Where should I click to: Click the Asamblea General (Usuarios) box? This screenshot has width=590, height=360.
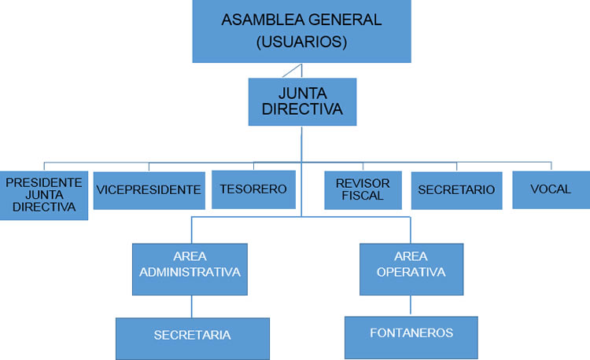302,31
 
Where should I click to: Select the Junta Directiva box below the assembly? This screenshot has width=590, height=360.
302,101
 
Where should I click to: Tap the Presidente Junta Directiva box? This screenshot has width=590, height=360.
44,195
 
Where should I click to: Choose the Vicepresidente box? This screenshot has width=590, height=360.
148,190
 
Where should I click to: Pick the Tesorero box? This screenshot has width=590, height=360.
253,189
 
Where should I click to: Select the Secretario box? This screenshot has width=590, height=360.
456,190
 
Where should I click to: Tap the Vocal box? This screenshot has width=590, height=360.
551,189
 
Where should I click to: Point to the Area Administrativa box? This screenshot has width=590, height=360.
190,269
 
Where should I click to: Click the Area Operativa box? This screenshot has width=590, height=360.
411,268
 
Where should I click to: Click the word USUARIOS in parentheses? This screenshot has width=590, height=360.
302,42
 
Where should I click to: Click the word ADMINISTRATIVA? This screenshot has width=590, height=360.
190,273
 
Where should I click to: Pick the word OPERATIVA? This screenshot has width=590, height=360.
411,273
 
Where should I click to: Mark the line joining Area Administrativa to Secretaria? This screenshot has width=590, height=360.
191,307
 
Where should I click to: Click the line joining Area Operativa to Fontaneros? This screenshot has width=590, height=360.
409,304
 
